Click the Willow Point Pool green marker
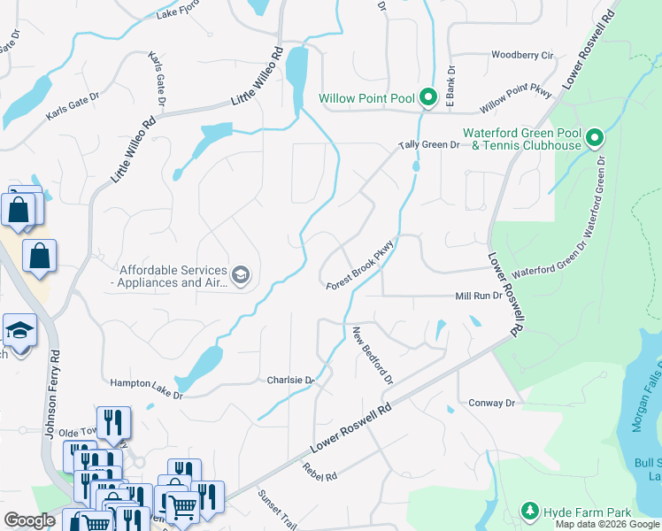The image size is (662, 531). point(427,96)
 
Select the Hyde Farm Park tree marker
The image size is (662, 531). point(530,512)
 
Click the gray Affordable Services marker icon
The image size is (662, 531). point(240,276)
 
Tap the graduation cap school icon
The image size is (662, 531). point(18,330)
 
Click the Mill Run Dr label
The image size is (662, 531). point(479,296)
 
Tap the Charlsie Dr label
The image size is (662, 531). point(291,380)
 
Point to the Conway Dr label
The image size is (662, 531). point(491,403)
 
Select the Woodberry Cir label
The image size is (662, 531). point(521,55)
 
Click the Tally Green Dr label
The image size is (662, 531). point(429,145)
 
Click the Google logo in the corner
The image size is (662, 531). point(29,520)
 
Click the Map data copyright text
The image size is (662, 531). point(607,524)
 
